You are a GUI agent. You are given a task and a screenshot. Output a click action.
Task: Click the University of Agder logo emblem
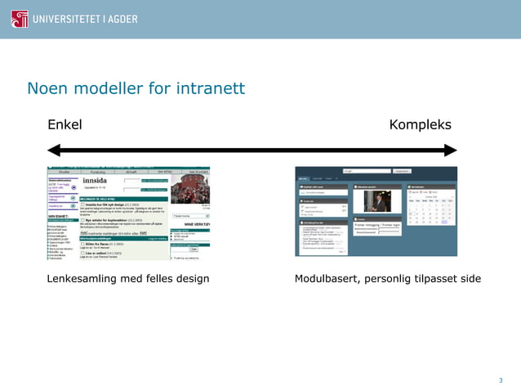(19, 19)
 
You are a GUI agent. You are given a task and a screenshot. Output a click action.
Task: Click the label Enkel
(65, 124)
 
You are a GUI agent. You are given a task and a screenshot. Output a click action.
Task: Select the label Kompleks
(420, 124)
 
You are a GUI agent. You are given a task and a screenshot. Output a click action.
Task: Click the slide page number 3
(501, 380)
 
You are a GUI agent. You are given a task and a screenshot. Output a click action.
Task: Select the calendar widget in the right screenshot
(431, 208)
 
